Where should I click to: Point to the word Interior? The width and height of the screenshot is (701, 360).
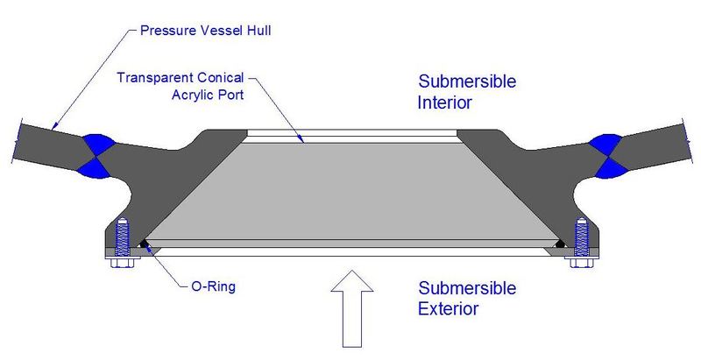pyautogui.click(x=445, y=102)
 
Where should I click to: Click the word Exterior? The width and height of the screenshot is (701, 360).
pyautogui.click(x=448, y=308)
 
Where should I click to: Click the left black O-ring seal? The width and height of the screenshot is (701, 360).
pyautogui.click(x=143, y=244)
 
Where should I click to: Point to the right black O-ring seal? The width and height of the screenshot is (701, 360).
pyautogui.click(x=561, y=244)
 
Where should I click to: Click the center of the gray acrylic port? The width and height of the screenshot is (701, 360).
pyautogui.click(x=350, y=188)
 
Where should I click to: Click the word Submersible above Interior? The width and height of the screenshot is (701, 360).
pyautogui.click(x=467, y=82)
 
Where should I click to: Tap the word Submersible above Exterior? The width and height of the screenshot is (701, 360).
pyautogui.click(x=467, y=288)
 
